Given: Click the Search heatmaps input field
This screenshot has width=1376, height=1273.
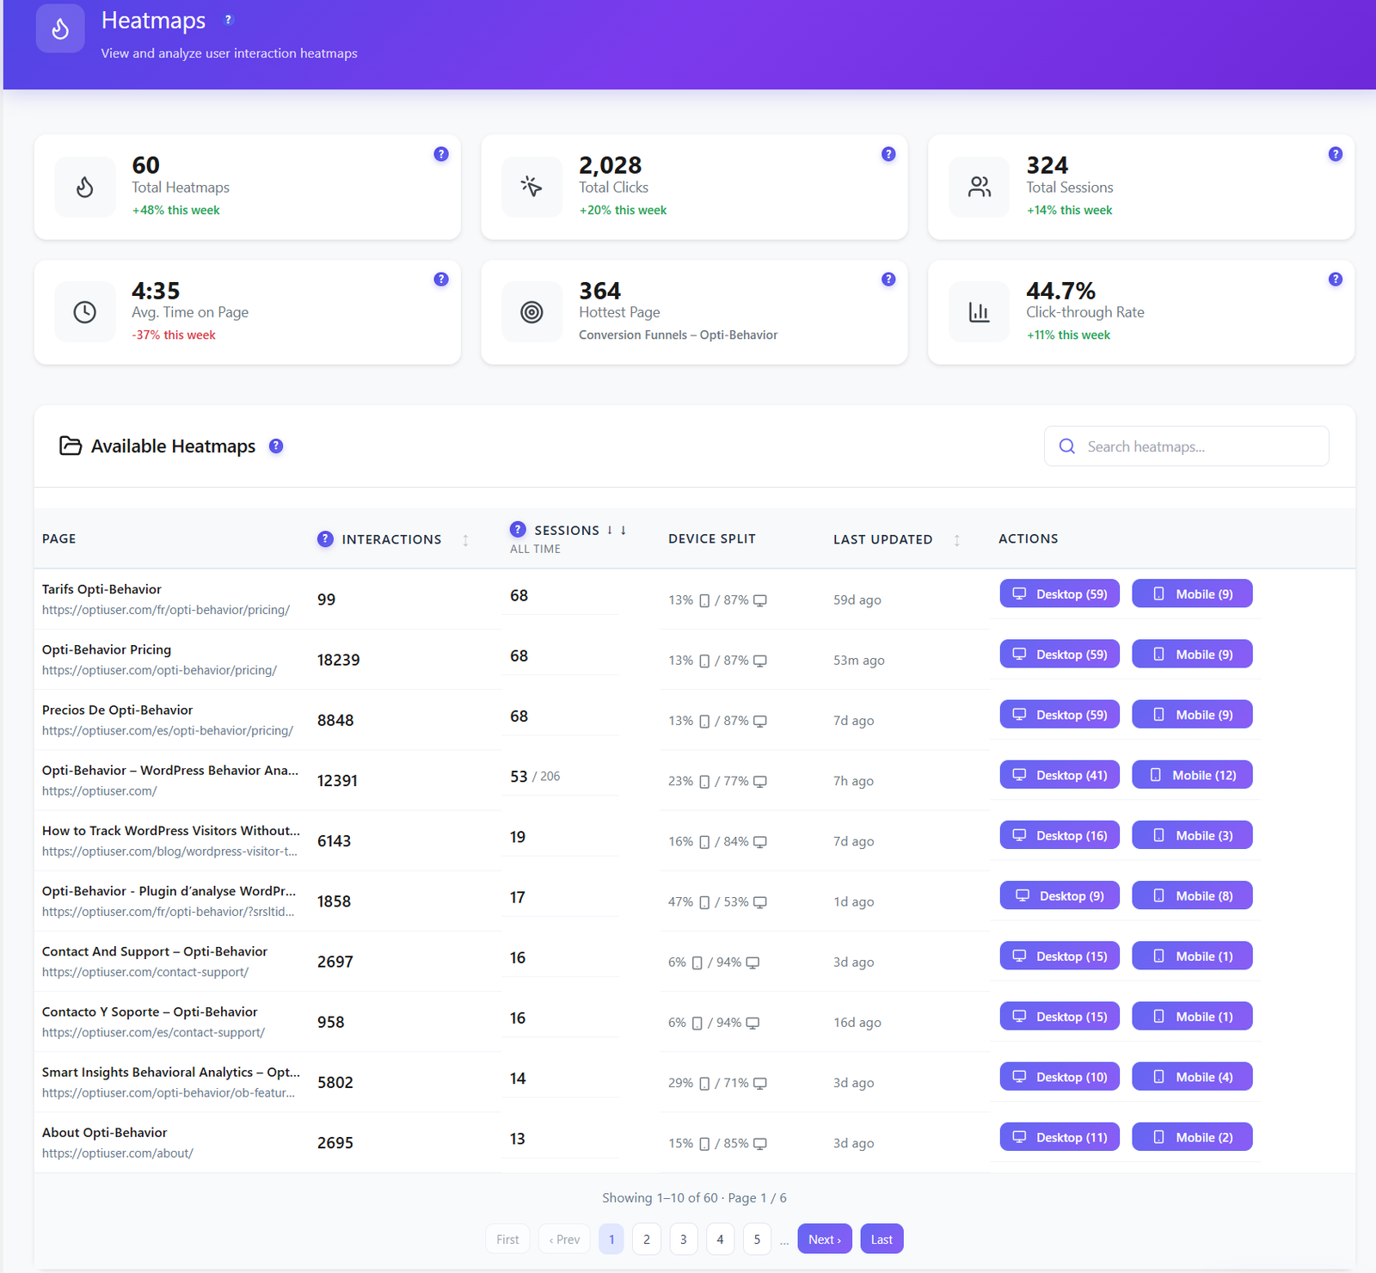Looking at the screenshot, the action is point(1186,446).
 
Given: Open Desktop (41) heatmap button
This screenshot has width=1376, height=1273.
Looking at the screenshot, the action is point(1060,775).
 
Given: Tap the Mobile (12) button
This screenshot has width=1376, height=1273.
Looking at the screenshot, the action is point(1192,775).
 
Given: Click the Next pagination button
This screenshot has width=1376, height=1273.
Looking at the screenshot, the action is point(825,1239).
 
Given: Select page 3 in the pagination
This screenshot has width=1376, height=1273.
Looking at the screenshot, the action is point(684,1239).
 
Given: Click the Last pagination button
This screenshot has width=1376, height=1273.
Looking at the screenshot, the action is point(881,1239).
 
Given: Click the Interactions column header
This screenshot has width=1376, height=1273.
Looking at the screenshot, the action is point(391,539).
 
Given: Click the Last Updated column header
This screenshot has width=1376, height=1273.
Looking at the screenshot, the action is point(882,539).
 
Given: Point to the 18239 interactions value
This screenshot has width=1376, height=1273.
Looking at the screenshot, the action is point(339,660).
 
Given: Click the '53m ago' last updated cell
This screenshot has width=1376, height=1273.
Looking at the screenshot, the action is point(859,661).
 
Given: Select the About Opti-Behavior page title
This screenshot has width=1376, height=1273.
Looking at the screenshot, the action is point(105,1133).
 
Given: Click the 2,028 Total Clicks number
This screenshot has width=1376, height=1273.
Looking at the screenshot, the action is point(611,165).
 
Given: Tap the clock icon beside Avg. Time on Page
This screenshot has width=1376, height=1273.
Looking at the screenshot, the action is point(84,312).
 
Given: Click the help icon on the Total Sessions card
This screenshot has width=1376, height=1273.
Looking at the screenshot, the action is point(1336,154).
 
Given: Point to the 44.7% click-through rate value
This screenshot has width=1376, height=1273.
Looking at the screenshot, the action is point(1060,291).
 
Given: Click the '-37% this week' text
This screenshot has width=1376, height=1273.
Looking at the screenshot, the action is point(174,335).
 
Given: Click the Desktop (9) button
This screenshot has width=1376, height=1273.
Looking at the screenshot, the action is point(1060,895).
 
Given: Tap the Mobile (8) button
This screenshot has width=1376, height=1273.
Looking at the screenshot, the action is point(1192,895).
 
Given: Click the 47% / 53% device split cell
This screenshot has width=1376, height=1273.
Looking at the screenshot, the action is point(717,902).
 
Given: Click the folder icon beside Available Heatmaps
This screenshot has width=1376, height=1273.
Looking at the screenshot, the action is point(71,446).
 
